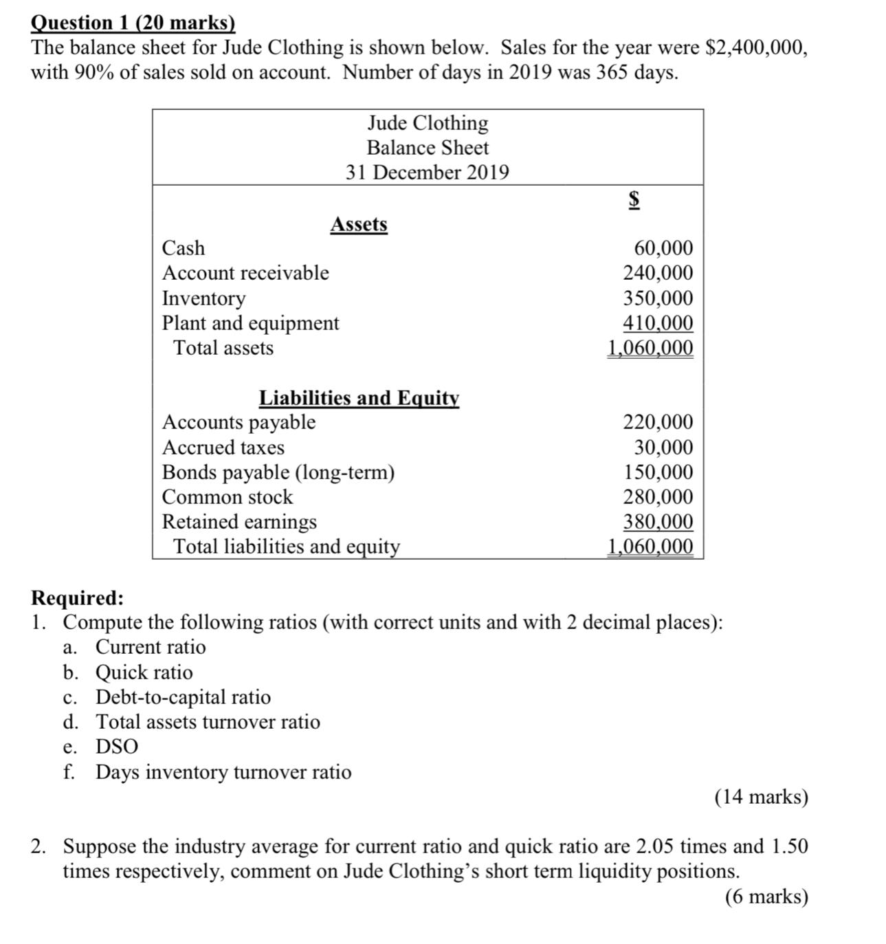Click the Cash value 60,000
coord(663,248)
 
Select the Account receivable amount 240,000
coord(658,273)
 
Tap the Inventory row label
coord(203,298)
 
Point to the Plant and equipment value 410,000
coord(658,323)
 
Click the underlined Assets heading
coord(359,224)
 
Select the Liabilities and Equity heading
coord(359,398)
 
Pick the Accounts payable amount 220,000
coord(658,422)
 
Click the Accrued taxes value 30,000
coord(663,448)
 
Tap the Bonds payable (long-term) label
coord(278,472)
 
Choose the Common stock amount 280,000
coord(658,497)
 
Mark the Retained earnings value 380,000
coord(658,522)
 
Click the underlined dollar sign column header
coord(634,199)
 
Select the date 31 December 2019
coord(427,173)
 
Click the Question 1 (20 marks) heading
coord(133,23)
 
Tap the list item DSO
coord(116,747)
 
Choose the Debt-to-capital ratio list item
coord(183,697)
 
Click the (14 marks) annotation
coord(761,797)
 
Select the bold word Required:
coord(78,597)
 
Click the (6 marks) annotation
coord(766,897)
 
